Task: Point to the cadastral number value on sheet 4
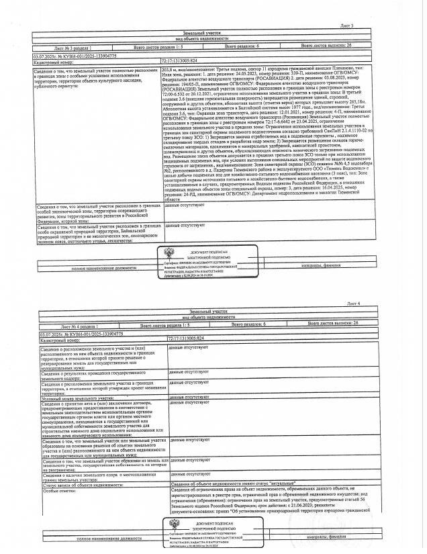click(185, 340)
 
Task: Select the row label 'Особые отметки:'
click(58, 491)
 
